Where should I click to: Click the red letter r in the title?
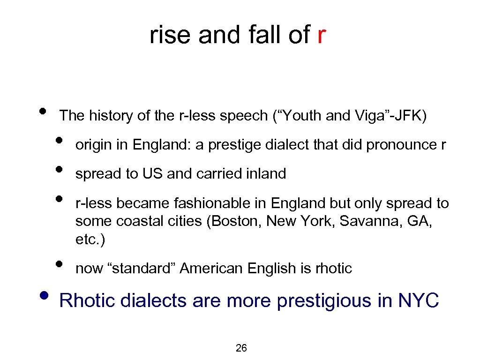321,35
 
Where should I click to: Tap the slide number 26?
241,348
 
